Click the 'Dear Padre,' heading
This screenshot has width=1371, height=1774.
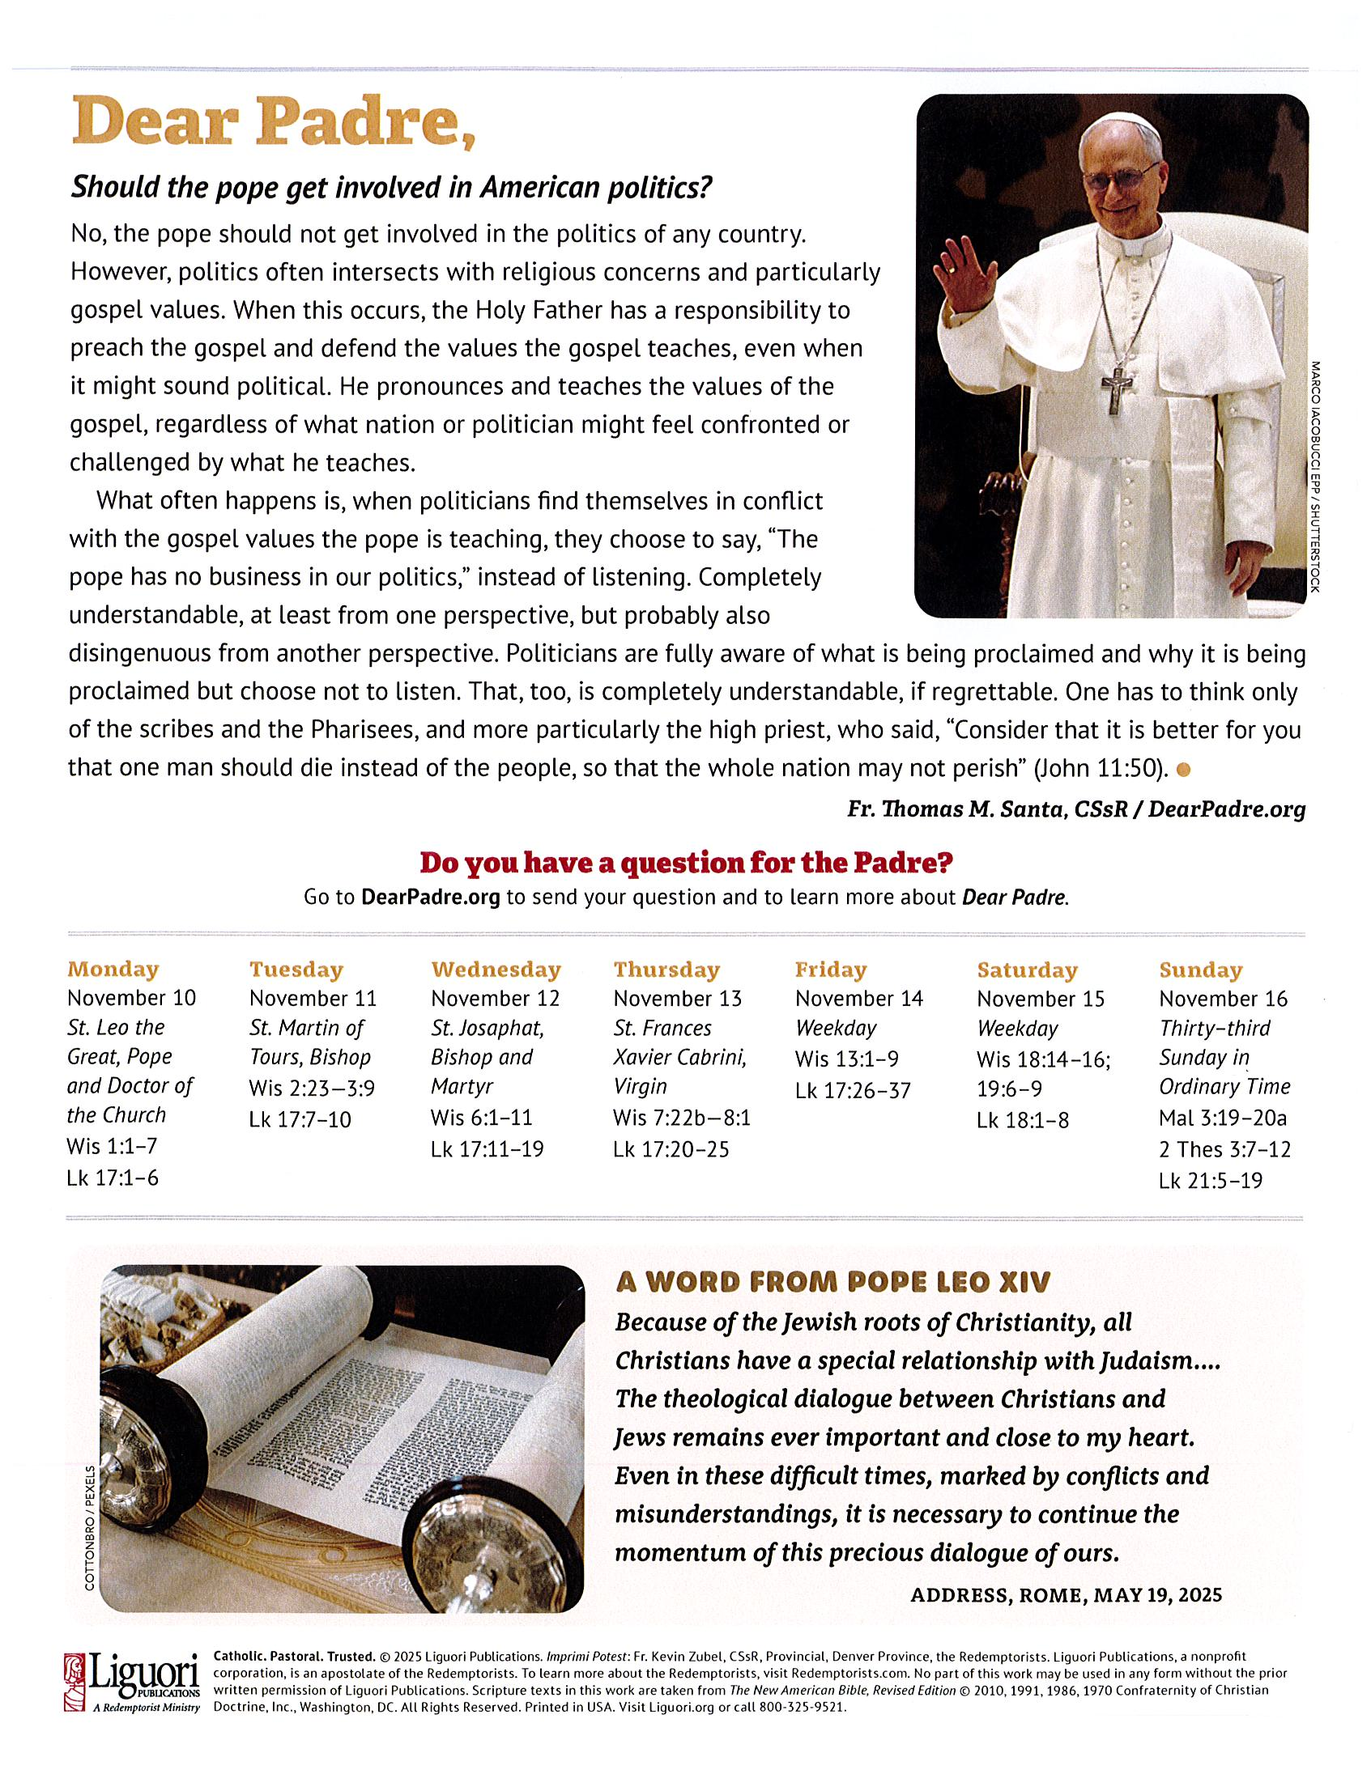pyautogui.click(x=273, y=123)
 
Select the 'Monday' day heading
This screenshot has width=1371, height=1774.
pyautogui.click(x=113, y=969)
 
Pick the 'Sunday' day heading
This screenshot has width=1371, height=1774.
pyautogui.click(x=1200, y=970)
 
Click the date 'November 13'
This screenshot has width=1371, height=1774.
pyautogui.click(x=677, y=999)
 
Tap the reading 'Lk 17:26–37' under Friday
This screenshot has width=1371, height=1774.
pyautogui.click(x=853, y=1090)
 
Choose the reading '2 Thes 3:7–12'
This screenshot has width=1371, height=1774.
pyautogui.click(x=1224, y=1149)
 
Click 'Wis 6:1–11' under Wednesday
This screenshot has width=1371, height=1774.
pyautogui.click(x=481, y=1118)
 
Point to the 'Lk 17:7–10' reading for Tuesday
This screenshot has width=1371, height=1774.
pyautogui.click(x=300, y=1119)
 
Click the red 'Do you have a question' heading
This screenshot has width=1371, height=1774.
pyautogui.click(x=685, y=862)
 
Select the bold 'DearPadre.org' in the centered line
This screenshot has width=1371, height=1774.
pyautogui.click(x=430, y=898)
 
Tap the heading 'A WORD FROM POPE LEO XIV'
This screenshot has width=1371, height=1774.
pyautogui.click(x=832, y=1282)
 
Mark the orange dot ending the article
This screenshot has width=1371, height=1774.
pyautogui.click(x=1183, y=769)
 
